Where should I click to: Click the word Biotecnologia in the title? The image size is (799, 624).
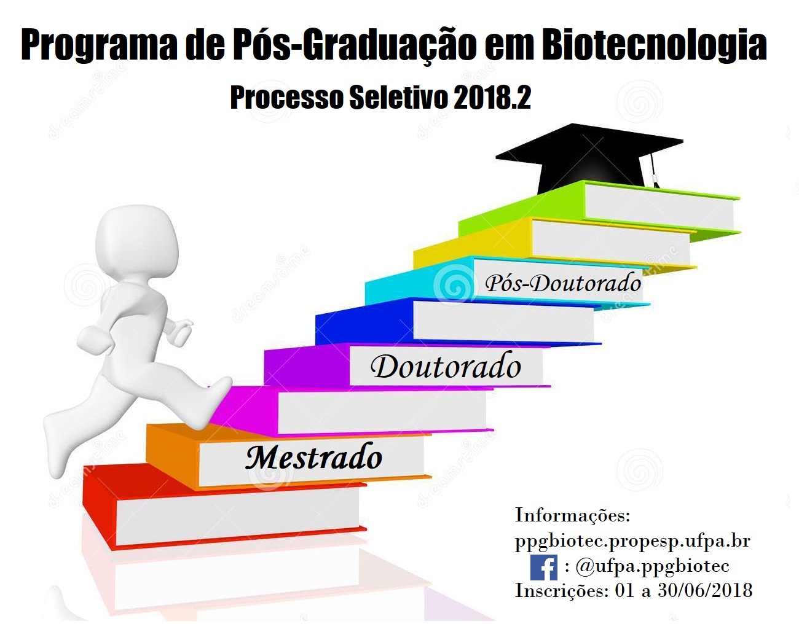point(654,46)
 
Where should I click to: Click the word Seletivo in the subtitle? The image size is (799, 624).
point(399,98)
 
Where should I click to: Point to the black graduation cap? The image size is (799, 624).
point(590,158)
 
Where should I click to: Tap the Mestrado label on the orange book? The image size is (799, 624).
point(313,457)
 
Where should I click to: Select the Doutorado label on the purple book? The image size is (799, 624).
point(446,366)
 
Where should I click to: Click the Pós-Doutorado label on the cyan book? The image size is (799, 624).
point(562,284)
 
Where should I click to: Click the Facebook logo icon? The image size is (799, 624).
point(544,567)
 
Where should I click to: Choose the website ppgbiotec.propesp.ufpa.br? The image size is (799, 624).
point(632,541)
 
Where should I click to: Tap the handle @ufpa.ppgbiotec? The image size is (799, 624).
point(652,567)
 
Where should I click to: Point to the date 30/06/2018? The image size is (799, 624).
point(705,591)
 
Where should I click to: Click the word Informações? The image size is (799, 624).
point(572,515)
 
